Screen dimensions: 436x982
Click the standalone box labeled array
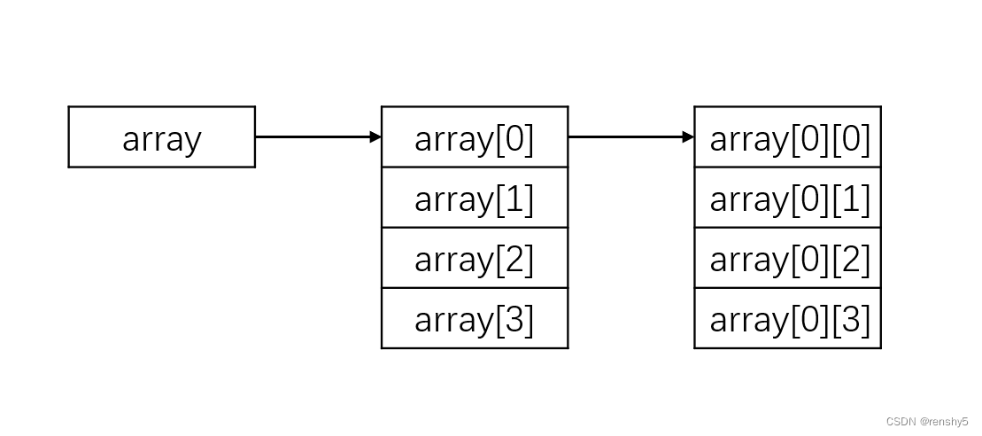(161, 137)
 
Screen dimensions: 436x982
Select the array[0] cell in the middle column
(474, 137)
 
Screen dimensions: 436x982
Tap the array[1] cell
(474, 198)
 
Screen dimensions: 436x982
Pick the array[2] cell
(474, 258)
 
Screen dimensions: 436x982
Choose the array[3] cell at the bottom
(474, 318)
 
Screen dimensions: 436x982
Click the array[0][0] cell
(787, 137)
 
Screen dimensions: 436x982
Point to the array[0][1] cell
(787, 198)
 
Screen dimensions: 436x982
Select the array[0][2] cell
(787, 258)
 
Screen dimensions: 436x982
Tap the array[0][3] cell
(787, 318)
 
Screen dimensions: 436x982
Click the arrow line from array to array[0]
(314, 137)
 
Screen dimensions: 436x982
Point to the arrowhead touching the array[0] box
(376, 137)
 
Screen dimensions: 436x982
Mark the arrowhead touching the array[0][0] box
(689, 137)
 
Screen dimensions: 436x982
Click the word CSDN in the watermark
(900, 422)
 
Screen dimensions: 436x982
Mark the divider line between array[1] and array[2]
(474, 228)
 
